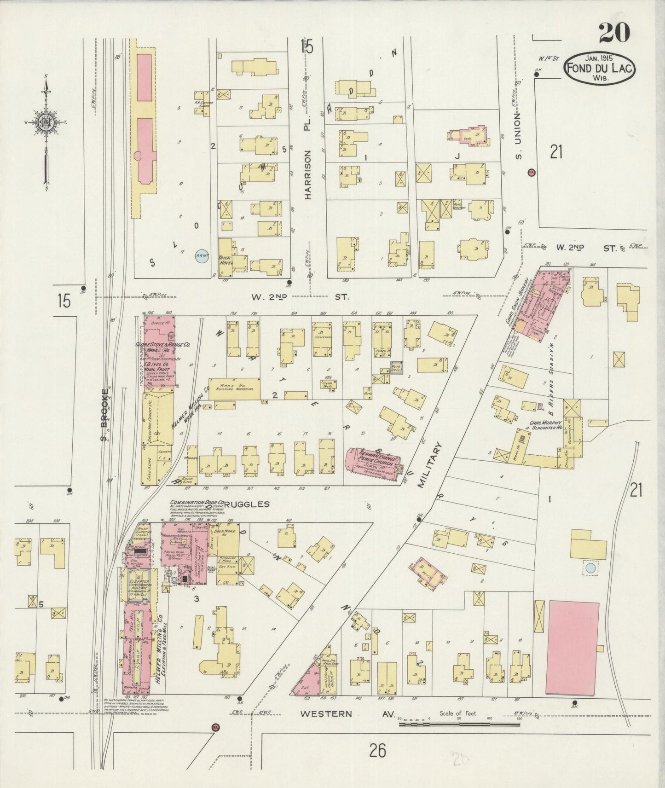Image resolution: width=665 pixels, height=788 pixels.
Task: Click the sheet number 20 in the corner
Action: click(x=614, y=33)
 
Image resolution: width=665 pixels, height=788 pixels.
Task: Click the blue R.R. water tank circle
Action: click(x=201, y=256)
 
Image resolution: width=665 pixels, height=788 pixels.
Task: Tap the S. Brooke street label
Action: click(x=105, y=414)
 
